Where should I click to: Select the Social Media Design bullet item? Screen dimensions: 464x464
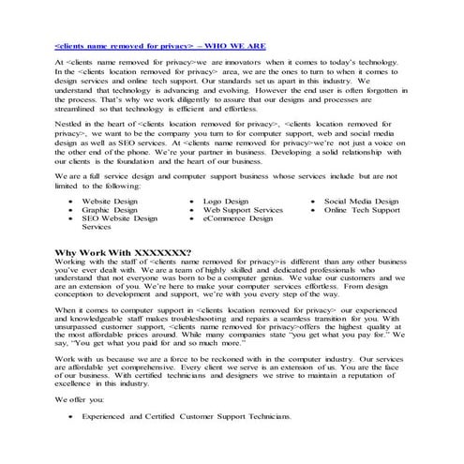click(x=361, y=202)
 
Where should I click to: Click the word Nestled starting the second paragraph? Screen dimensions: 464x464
click(x=68, y=123)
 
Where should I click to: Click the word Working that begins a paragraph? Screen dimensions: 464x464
click(x=71, y=262)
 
